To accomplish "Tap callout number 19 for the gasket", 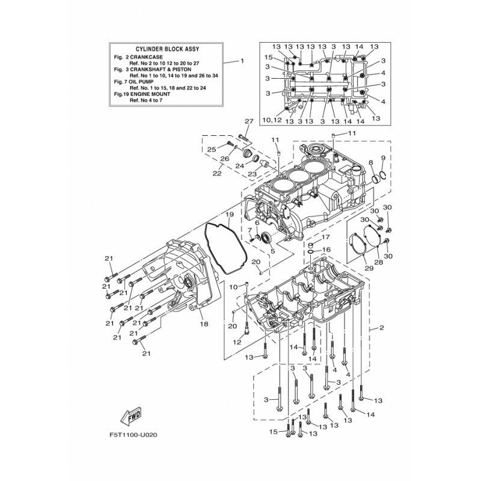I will click(x=229, y=215).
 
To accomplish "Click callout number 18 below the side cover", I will click(x=204, y=324).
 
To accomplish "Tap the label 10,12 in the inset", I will click(x=272, y=120).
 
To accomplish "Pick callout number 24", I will click(x=239, y=165).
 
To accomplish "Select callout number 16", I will click(x=326, y=250).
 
